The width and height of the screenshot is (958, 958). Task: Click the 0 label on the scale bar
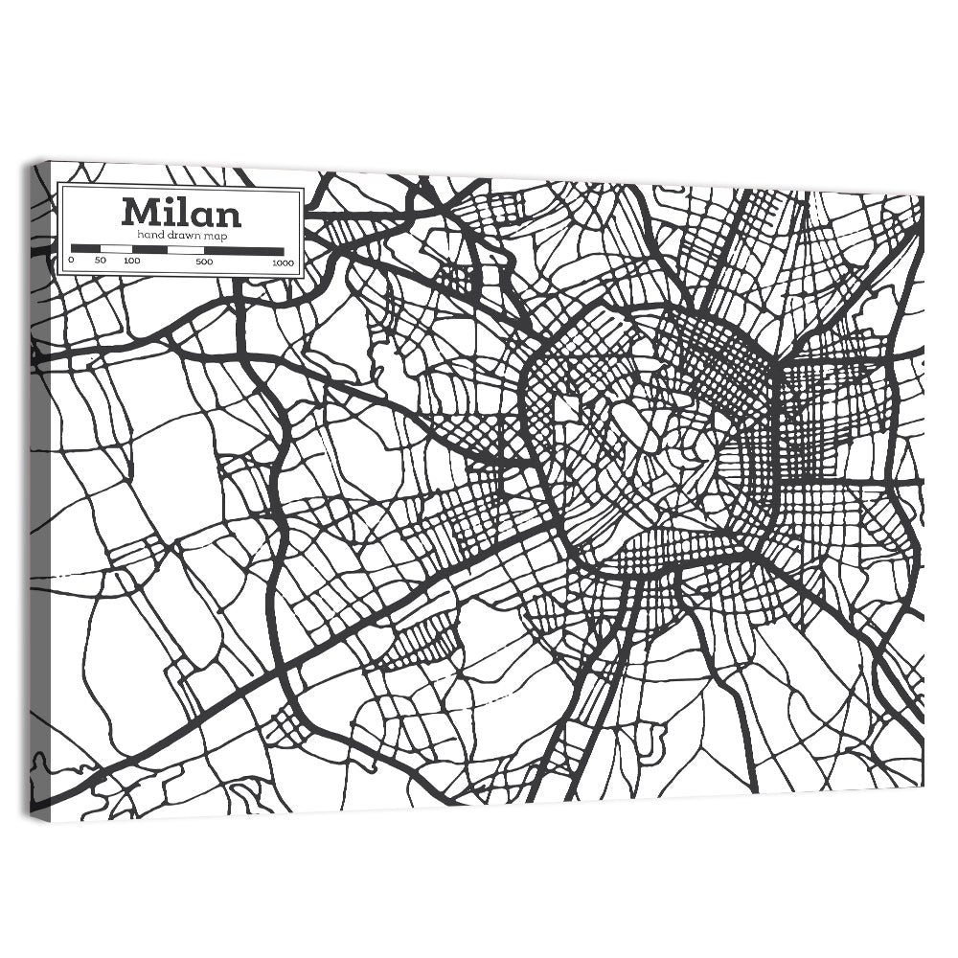point(72,261)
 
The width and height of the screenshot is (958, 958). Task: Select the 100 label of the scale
point(132,261)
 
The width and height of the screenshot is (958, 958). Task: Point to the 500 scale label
point(204,262)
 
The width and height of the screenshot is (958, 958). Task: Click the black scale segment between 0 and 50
point(86,249)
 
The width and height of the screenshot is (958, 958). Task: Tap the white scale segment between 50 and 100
point(116,249)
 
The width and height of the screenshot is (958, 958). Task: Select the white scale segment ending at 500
point(186,250)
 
